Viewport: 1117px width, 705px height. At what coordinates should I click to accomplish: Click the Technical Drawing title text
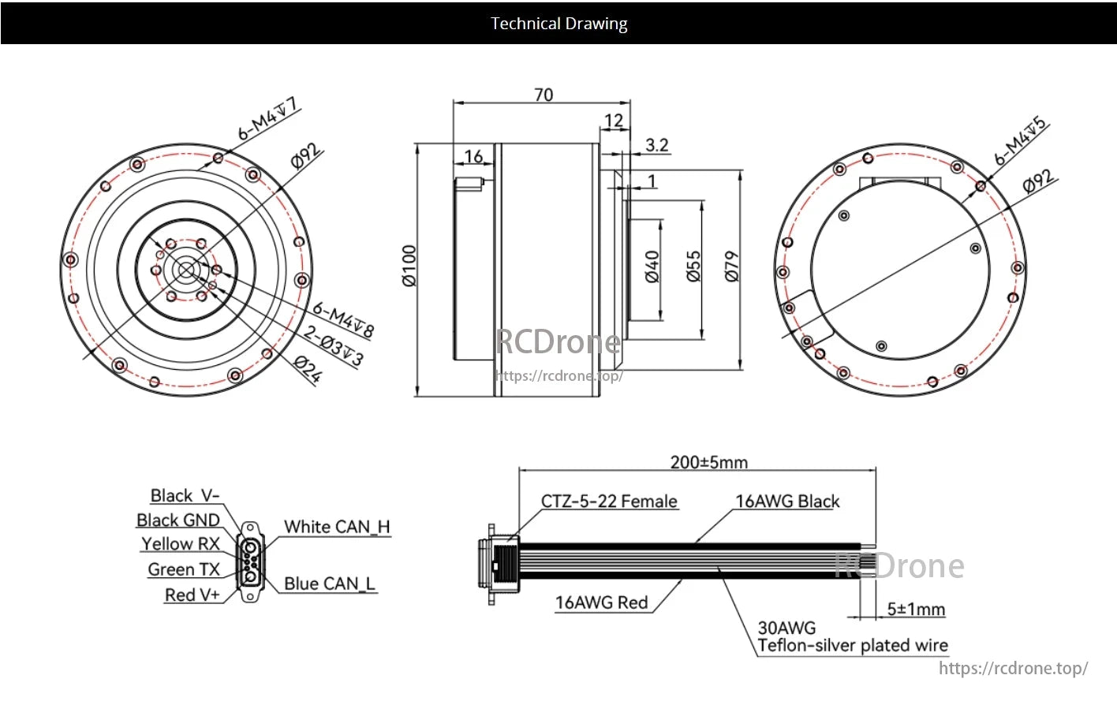click(x=558, y=24)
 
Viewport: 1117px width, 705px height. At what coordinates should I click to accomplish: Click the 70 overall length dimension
click(x=544, y=95)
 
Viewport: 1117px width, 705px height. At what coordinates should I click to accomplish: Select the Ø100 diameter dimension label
click(x=409, y=266)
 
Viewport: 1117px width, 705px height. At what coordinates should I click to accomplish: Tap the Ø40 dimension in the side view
click(x=652, y=267)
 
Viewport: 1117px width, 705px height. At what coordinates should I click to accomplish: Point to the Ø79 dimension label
click(x=731, y=267)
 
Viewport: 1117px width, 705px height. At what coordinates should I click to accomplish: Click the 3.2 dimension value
click(x=656, y=145)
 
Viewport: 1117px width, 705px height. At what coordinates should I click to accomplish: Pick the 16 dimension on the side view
click(x=473, y=156)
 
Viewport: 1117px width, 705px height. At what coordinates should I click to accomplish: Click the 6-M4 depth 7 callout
click(x=269, y=118)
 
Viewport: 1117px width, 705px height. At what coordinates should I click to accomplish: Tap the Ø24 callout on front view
click(x=308, y=369)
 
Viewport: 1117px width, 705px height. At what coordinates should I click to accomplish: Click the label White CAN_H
click(x=337, y=527)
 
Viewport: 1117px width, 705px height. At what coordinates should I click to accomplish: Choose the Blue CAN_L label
click(x=330, y=584)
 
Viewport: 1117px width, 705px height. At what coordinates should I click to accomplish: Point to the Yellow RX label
click(x=181, y=544)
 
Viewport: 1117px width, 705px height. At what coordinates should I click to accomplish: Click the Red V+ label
click(x=192, y=595)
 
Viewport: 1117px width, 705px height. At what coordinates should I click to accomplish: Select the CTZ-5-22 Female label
click(x=609, y=502)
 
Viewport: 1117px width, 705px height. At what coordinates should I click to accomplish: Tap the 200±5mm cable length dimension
click(x=708, y=462)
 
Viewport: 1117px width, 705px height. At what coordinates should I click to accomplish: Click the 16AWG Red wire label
click(x=601, y=602)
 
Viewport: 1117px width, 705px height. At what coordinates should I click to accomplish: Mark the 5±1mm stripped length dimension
click(x=916, y=609)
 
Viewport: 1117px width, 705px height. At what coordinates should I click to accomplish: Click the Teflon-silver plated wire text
click(x=853, y=646)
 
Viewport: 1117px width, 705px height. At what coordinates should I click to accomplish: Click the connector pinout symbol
click(x=250, y=562)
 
